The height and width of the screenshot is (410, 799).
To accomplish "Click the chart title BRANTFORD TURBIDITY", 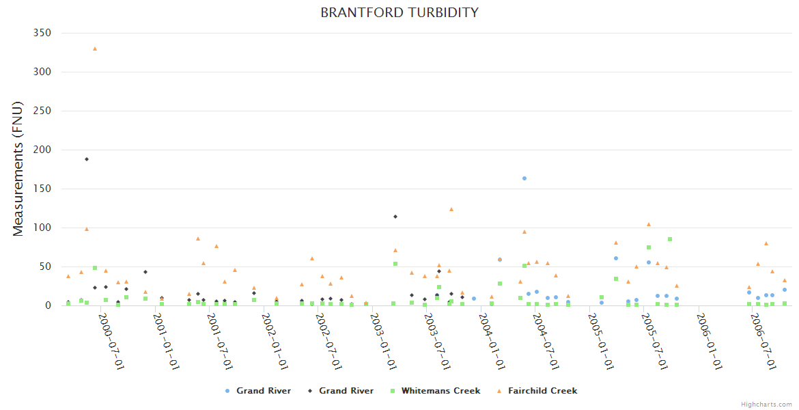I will [x=399, y=13].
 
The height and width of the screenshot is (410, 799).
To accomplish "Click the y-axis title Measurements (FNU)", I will [x=18, y=169].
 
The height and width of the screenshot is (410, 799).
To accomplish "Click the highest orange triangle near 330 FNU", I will [x=95, y=49].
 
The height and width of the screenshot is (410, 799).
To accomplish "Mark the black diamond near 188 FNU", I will [x=87, y=159].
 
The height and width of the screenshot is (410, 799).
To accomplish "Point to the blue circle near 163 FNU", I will [x=524, y=178].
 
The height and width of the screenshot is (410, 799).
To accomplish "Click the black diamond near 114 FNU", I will [x=395, y=217].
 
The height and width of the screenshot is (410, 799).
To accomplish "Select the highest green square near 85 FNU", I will [x=670, y=239].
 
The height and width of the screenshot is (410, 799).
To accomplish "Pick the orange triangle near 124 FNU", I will [x=451, y=209].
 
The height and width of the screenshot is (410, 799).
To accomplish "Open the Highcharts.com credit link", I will [x=766, y=405].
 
